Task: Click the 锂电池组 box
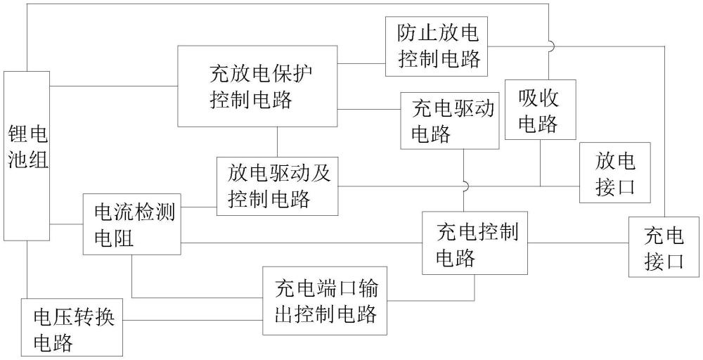(x=27, y=155)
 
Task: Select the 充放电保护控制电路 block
(x=257, y=86)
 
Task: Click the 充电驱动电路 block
(x=450, y=120)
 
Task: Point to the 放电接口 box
(x=614, y=173)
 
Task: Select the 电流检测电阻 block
(x=131, y=224)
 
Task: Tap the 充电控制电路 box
(x=475, y=243)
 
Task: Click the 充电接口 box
(x=664, y=247)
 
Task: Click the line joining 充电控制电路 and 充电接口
(x=578, y=243)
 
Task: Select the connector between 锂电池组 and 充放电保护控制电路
(x=113, y=86)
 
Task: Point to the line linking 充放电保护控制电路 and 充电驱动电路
(x=368, y=109)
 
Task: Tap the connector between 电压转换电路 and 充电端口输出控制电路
(x=193, y=318)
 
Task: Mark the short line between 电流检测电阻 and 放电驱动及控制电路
(x=198, y=208)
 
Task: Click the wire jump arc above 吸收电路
(x=550, y=46)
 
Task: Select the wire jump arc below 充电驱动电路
(x=464, y=186)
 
